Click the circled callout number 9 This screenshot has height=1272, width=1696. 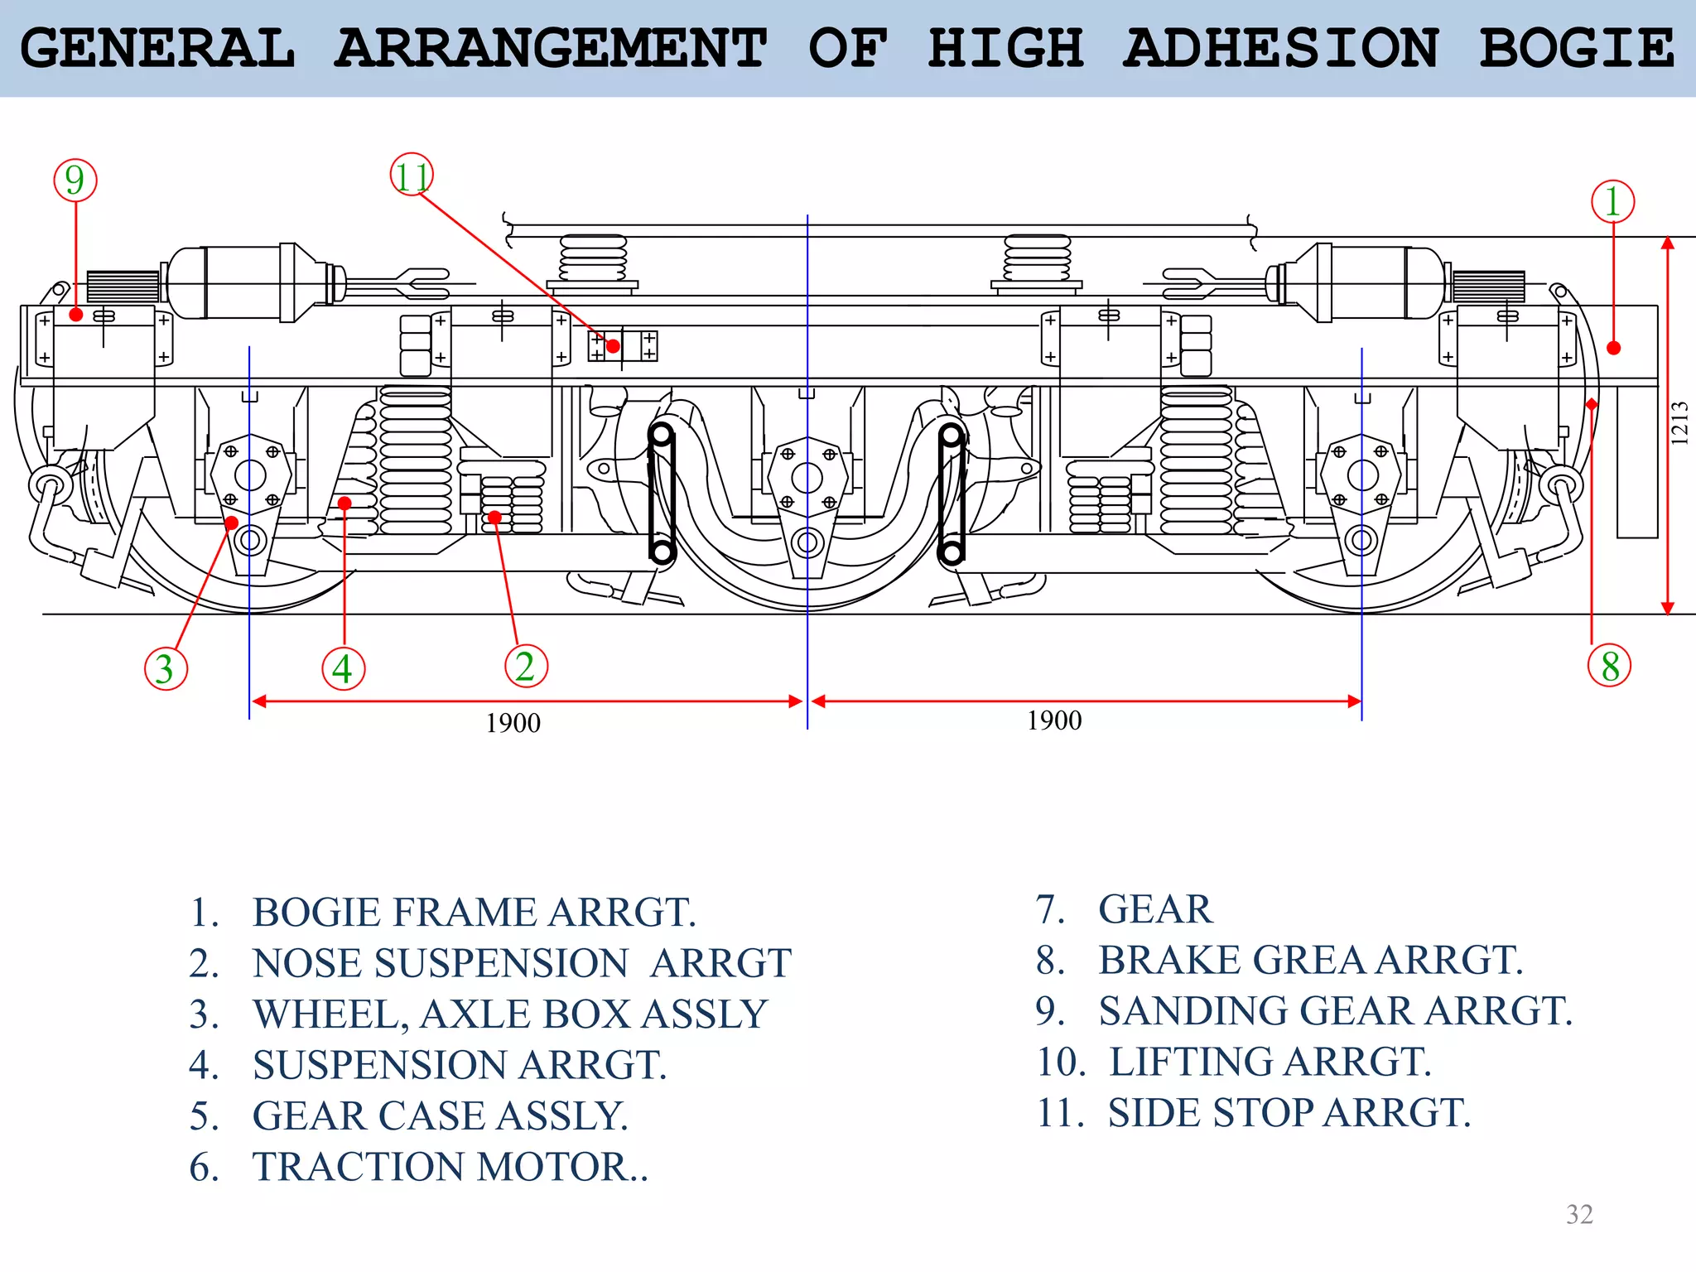click(75, 181)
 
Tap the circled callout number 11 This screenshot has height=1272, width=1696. click(412, 176)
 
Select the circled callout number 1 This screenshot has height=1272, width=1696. click(1612, 202)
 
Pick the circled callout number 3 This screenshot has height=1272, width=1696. click(166, 668)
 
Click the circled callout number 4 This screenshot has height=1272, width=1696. click(343, 668)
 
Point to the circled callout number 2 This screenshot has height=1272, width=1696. click(526, 666)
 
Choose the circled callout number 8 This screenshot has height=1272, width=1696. click(1609, 666)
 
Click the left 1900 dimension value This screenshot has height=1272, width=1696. click(513, 723)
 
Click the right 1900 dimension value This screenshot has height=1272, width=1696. click(1054, 720)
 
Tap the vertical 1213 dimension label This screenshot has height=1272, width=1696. click(1679, 423)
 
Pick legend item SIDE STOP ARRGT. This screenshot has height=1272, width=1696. click(1289, 1113)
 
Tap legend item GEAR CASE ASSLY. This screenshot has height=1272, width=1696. click(440, 1115)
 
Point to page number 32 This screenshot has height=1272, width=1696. click(1579, 1214)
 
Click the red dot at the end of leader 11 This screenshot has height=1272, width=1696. click(613, 346)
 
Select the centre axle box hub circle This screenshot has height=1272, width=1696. click(807, 477)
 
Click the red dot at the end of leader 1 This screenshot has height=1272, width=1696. click(1613, 348)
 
